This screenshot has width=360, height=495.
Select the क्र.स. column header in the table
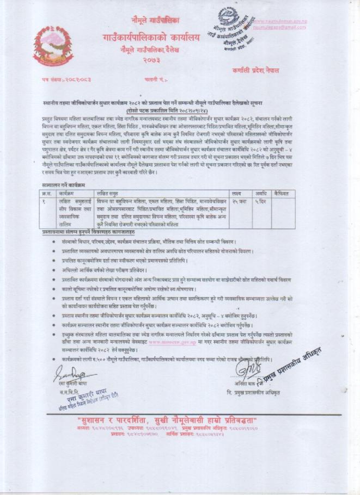point(47,194)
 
